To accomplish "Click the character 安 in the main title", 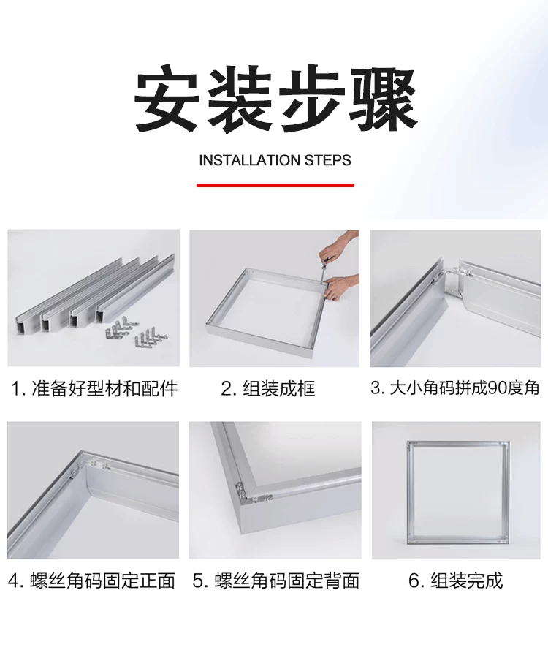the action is coord(167,98).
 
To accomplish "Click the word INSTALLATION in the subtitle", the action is coord(249,160).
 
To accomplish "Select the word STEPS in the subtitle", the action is coord(327,160).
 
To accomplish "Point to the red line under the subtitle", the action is coord(275,185).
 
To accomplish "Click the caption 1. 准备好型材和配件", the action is coord(94,389).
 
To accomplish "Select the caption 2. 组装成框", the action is coord(268,389).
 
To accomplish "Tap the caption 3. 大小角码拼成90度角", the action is coord(455,388).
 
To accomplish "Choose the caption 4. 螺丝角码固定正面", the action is coord(91,581).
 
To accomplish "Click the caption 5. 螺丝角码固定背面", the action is coord(276,581).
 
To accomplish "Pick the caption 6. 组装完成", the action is coord(455,581).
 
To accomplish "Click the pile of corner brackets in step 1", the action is coord(136,331).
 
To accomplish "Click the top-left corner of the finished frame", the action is coord(408,442).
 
